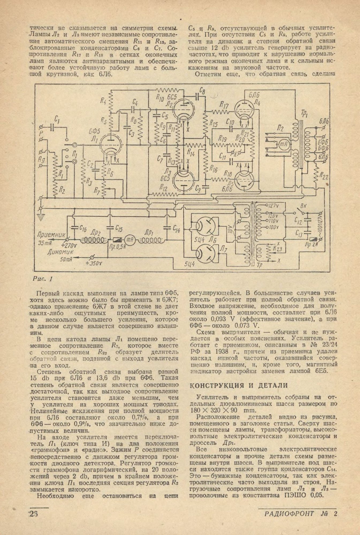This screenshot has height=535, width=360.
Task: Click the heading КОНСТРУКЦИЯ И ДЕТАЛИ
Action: (x=238, y=385)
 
